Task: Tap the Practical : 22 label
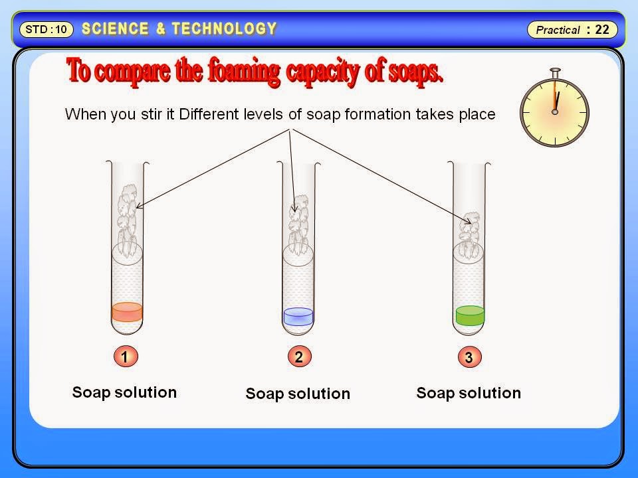point(572,30)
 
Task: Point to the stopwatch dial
point(554,111)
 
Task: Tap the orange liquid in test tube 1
point(126,311)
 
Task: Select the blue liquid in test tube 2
point(298,315)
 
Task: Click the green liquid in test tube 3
point(470,314)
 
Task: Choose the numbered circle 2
point(299,357)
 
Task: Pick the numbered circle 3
point(469,358)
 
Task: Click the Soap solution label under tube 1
point(124,392)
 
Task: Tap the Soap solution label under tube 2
point(298,394)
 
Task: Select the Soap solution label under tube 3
point(469,393)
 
